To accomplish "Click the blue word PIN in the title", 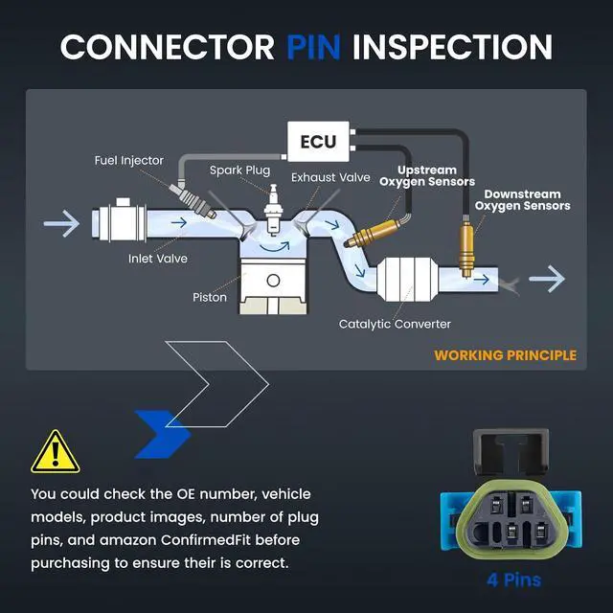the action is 313,47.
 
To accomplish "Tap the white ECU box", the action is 318,142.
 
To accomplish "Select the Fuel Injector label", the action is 129,160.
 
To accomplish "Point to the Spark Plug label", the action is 239,170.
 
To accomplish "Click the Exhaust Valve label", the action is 330,177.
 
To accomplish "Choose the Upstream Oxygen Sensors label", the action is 427,176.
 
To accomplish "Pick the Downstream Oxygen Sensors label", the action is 522,200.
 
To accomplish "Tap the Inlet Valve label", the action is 157,259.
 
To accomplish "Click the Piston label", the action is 210,298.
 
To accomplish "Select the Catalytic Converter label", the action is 395,324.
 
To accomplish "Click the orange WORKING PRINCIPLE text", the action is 505,355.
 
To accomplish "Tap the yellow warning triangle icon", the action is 56,452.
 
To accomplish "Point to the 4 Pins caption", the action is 513,580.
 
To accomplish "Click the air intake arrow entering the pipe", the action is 61,223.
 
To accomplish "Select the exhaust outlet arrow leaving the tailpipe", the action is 547,279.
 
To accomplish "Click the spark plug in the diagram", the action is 273,210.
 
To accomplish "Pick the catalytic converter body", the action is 407,279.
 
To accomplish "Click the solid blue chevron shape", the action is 162,434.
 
